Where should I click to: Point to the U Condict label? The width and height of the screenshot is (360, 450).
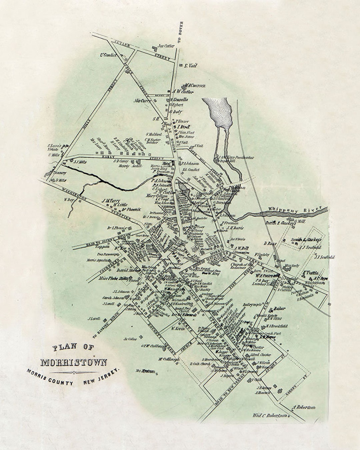(108, 55)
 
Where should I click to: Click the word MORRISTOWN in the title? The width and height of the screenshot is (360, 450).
(74, 362)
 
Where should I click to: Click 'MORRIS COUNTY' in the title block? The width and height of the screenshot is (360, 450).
(50, 376)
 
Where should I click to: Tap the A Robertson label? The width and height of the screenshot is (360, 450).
(304, 407)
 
